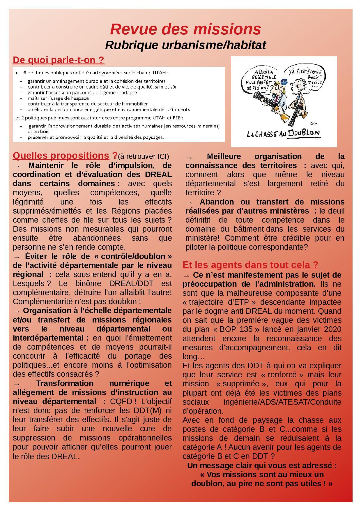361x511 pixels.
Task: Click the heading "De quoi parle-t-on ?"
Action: pos(59,60)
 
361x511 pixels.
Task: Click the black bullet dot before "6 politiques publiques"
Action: pos(17,73)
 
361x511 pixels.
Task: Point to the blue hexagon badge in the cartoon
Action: pos(284,82)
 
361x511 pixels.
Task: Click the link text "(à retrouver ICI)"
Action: pos(144,156)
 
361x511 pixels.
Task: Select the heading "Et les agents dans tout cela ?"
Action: pos(250,265)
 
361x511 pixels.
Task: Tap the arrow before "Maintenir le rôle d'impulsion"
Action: pos(17,166)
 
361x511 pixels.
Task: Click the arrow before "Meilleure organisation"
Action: pos(189,157)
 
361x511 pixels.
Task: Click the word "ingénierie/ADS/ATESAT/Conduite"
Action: pos(282,402)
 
